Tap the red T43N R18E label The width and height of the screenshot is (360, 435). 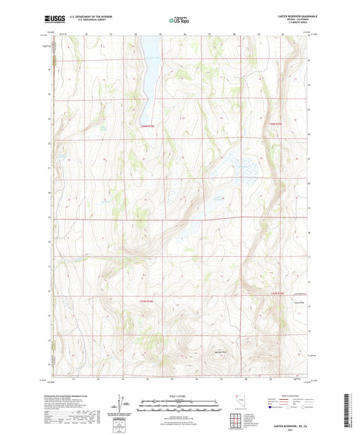coord(148,301)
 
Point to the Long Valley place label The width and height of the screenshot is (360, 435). coord(273,304)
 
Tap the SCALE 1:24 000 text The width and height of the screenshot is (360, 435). coord(178,396)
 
